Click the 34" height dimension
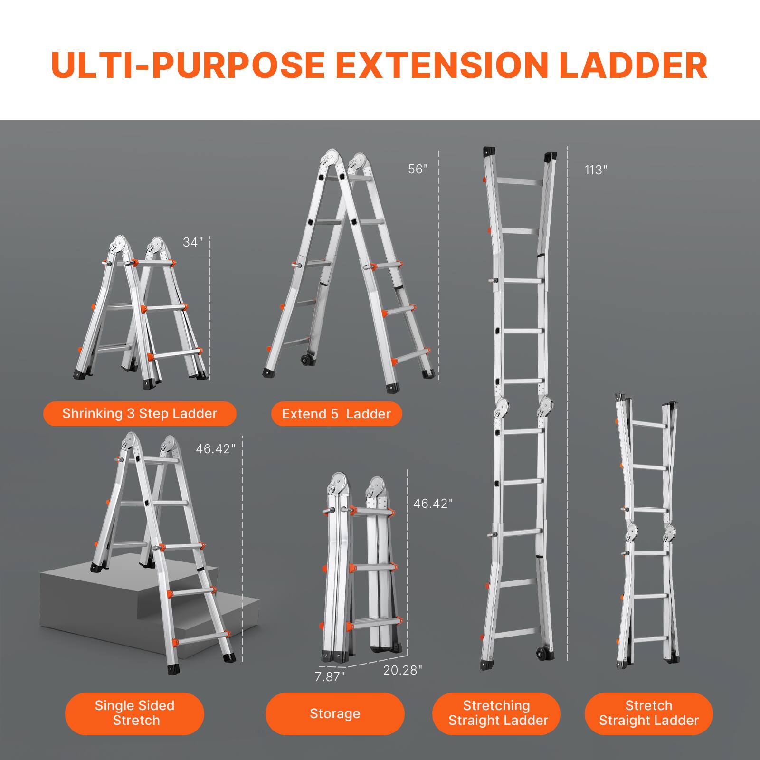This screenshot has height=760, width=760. (193, 242)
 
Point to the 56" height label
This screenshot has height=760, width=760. (418, 169)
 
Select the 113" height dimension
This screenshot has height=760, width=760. (596, 170)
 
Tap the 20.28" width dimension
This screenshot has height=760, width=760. (402, 670)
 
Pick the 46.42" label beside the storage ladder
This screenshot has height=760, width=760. (433, 503)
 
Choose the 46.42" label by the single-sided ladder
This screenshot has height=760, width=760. (215, 449)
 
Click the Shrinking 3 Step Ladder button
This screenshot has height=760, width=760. (140, 414)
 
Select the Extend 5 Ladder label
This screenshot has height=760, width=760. (336, 414)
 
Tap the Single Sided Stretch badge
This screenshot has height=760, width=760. (135, 713)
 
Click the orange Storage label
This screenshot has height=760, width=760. (335, 713)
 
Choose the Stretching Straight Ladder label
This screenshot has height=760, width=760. (497, 713)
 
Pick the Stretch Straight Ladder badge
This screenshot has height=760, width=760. (649, 713)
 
